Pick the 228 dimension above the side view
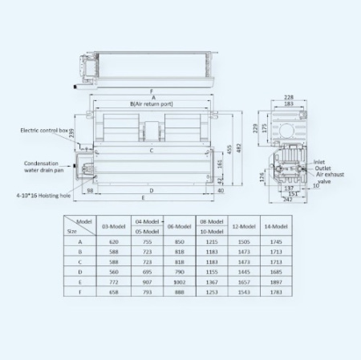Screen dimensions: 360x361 [288, 98]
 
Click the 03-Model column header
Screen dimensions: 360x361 [113, 227]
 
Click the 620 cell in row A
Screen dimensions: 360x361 [113, 241]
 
